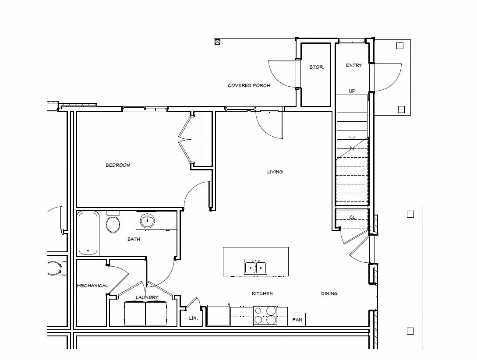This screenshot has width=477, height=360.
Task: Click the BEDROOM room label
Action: (118, 165)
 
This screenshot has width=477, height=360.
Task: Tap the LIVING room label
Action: (275, 172)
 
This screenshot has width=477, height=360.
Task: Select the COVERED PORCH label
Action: (249, 85)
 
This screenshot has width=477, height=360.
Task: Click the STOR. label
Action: (316, 67)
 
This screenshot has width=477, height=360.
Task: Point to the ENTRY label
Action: (354, 65)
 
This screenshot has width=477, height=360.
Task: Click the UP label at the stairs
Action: (352, 91)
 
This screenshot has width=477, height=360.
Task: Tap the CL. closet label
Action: (352, 218)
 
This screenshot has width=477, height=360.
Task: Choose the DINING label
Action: (329, 293)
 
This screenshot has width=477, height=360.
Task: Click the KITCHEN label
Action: (262, 293)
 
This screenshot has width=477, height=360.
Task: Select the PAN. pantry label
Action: (297, 320)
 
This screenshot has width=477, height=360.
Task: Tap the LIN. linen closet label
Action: (193, 318)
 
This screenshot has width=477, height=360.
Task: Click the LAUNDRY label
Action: (147, 297)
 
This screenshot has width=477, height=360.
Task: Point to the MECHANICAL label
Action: (92, 286)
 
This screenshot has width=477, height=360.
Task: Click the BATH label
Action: (134, 239)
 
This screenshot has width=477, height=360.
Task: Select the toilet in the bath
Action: (113, 222)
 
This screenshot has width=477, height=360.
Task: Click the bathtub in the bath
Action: (88, 233)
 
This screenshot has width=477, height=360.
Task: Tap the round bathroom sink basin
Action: (147, 221)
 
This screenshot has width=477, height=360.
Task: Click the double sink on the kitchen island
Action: (255, 266)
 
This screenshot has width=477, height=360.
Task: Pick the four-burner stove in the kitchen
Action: (265, 316)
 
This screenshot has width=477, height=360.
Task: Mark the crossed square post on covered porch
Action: (217, 42)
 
